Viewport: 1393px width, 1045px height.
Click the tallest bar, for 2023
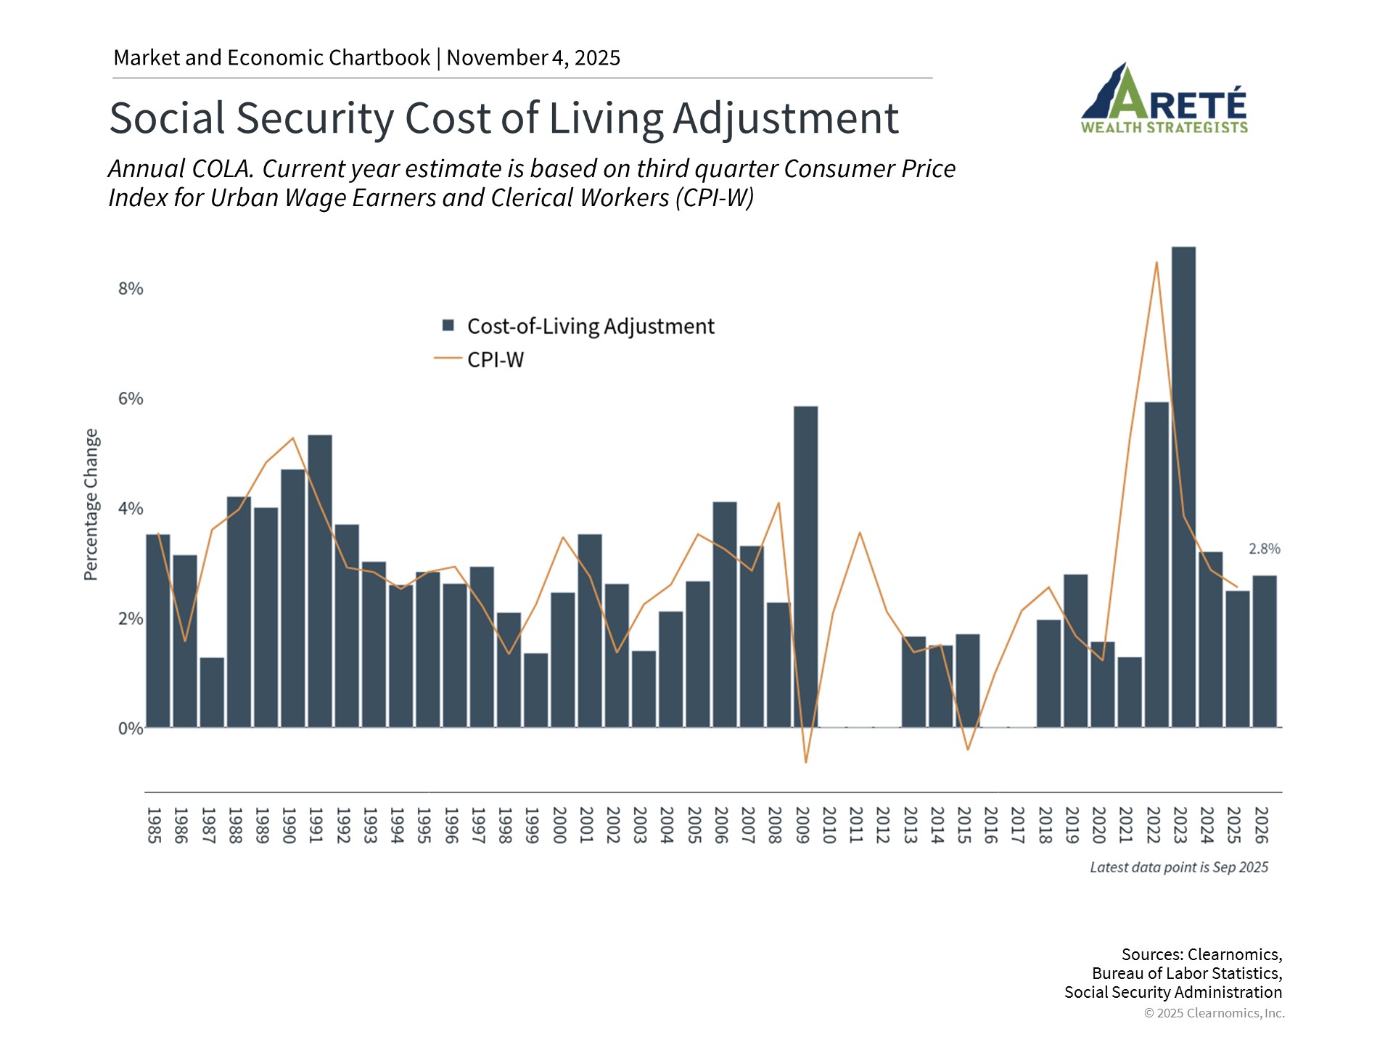[1183, 486]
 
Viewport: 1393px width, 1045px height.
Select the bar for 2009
[805, 566]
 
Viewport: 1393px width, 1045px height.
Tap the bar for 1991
[320, 581]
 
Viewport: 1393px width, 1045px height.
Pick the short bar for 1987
[212, 692]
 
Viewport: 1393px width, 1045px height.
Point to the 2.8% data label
[1264, 549]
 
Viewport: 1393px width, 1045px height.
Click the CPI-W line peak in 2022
[1156, 263]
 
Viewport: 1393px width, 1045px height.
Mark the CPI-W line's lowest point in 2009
[805, 762]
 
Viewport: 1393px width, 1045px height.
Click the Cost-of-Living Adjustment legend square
[448, 326]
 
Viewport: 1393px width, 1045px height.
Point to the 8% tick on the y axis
[131, 289]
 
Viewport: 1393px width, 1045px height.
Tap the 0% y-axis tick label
[131, 729]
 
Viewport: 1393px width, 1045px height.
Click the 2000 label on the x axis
[559, 825]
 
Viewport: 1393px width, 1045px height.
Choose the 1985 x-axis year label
[154, 825]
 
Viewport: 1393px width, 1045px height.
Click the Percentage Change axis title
[91, 504]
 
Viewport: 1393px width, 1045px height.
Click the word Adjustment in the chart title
[786, 118]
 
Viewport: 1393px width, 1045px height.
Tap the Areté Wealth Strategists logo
[1164, 99]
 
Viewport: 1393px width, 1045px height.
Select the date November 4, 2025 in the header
[533, 58]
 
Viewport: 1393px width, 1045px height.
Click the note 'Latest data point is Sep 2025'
[1179, 867]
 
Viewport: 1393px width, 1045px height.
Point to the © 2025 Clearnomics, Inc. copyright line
[1214, 1013]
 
